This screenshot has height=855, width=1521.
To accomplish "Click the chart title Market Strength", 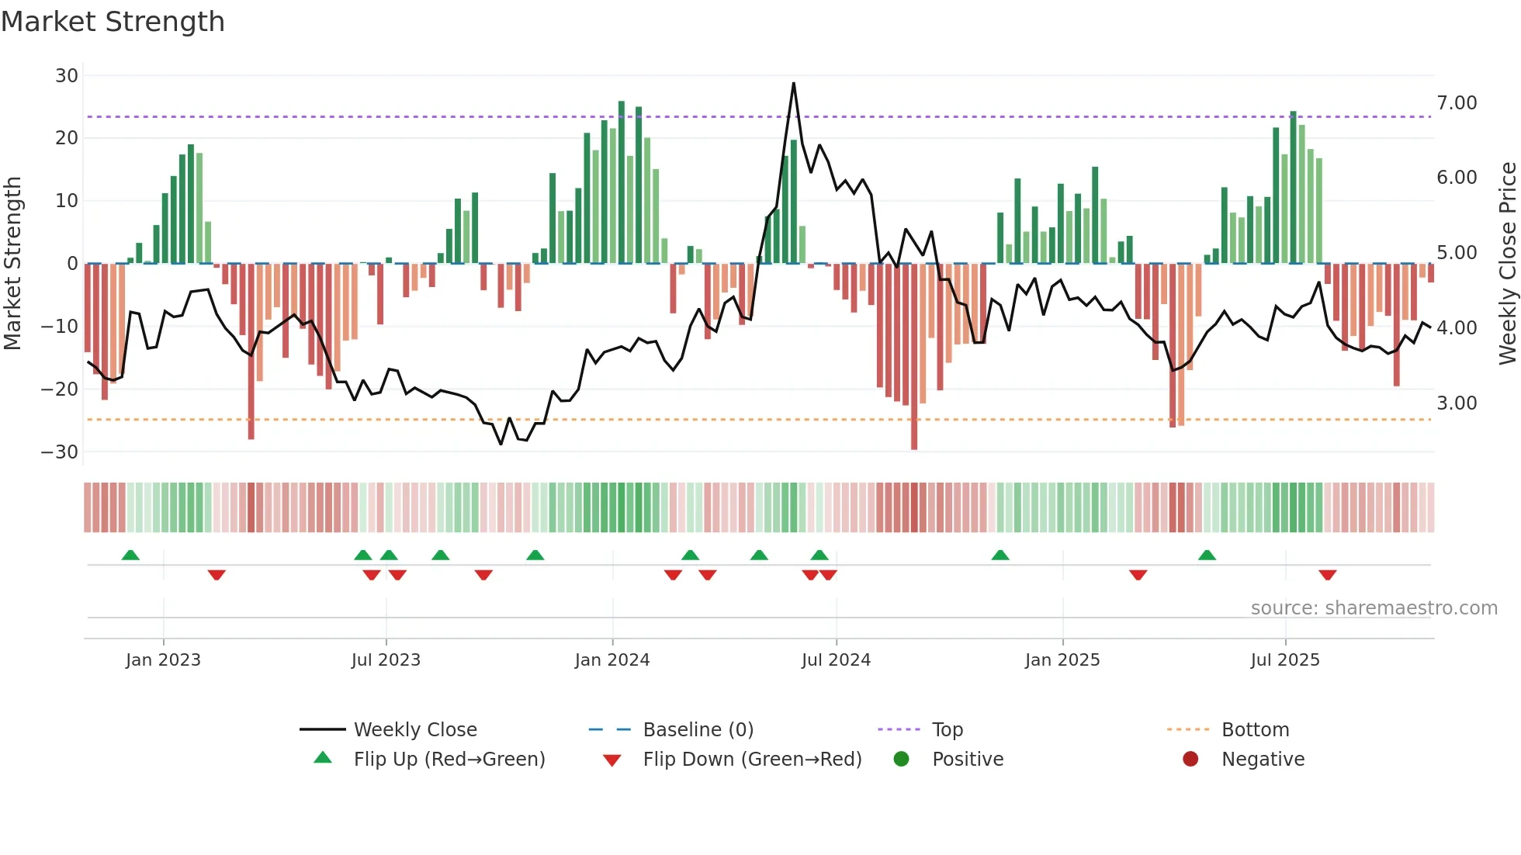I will click(x=113, y=22).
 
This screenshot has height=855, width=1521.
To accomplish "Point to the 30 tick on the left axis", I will click(x=67, y=76).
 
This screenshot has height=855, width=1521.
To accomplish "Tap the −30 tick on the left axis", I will click(x=60, y=452).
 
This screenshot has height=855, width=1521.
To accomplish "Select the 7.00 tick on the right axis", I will click(x=1457, y=103).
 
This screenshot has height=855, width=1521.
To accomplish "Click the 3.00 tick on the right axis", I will click(x=1457, y=403).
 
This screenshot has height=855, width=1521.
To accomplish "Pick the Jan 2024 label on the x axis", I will click(x=612, y=660).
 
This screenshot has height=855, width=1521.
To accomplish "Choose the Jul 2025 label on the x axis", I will click(x=1285, y=660).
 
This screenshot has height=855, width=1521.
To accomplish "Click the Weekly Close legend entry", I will click(x=415, y=730).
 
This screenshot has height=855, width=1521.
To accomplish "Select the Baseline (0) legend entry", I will click(x=698, y=730).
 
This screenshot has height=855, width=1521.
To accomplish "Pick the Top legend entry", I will click(x=948, y=730).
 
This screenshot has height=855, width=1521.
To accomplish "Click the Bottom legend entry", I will click(x=1255, y=730).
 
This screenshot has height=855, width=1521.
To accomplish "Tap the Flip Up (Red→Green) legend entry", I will click(x=449, y=760).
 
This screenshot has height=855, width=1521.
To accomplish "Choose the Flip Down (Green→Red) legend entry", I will click(x=752, y=760).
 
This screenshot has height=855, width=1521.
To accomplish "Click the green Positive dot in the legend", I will click(x=901, y=759).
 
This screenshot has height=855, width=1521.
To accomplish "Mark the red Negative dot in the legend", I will click(x=1190, y=759).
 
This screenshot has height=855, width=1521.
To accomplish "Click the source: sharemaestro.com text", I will click(x=1374, y=608).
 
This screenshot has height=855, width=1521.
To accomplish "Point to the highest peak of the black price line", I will click(x=793, y=83).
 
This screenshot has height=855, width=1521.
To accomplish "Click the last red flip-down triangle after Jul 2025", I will click(x=1327, y=575).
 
